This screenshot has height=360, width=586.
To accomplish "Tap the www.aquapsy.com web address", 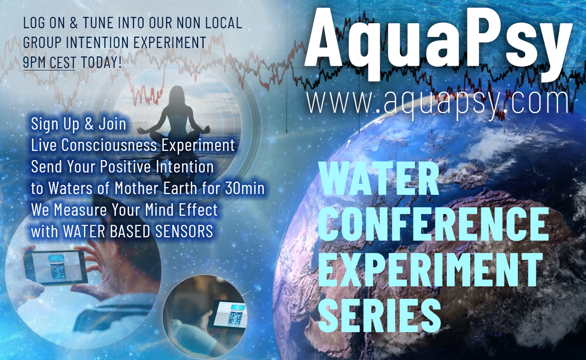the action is (437, 103).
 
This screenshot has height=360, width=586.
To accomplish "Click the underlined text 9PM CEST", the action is (49, 62).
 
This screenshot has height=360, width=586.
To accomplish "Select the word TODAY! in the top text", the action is (102, 62).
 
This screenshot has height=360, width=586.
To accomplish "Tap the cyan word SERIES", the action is (380, 316).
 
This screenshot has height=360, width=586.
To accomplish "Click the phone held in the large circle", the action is (56, 268).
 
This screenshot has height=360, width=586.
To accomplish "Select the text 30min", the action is (244, 188).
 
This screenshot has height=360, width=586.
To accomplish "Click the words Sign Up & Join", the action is (78, 124).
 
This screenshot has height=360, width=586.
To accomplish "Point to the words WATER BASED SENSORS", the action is (138, 231).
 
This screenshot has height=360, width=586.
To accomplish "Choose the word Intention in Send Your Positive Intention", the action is (184, 167).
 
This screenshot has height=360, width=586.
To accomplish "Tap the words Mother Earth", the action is (156, 188).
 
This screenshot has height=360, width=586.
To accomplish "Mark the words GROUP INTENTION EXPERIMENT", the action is (114, 43).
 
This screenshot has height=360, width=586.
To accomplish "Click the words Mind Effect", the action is (181, 210).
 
